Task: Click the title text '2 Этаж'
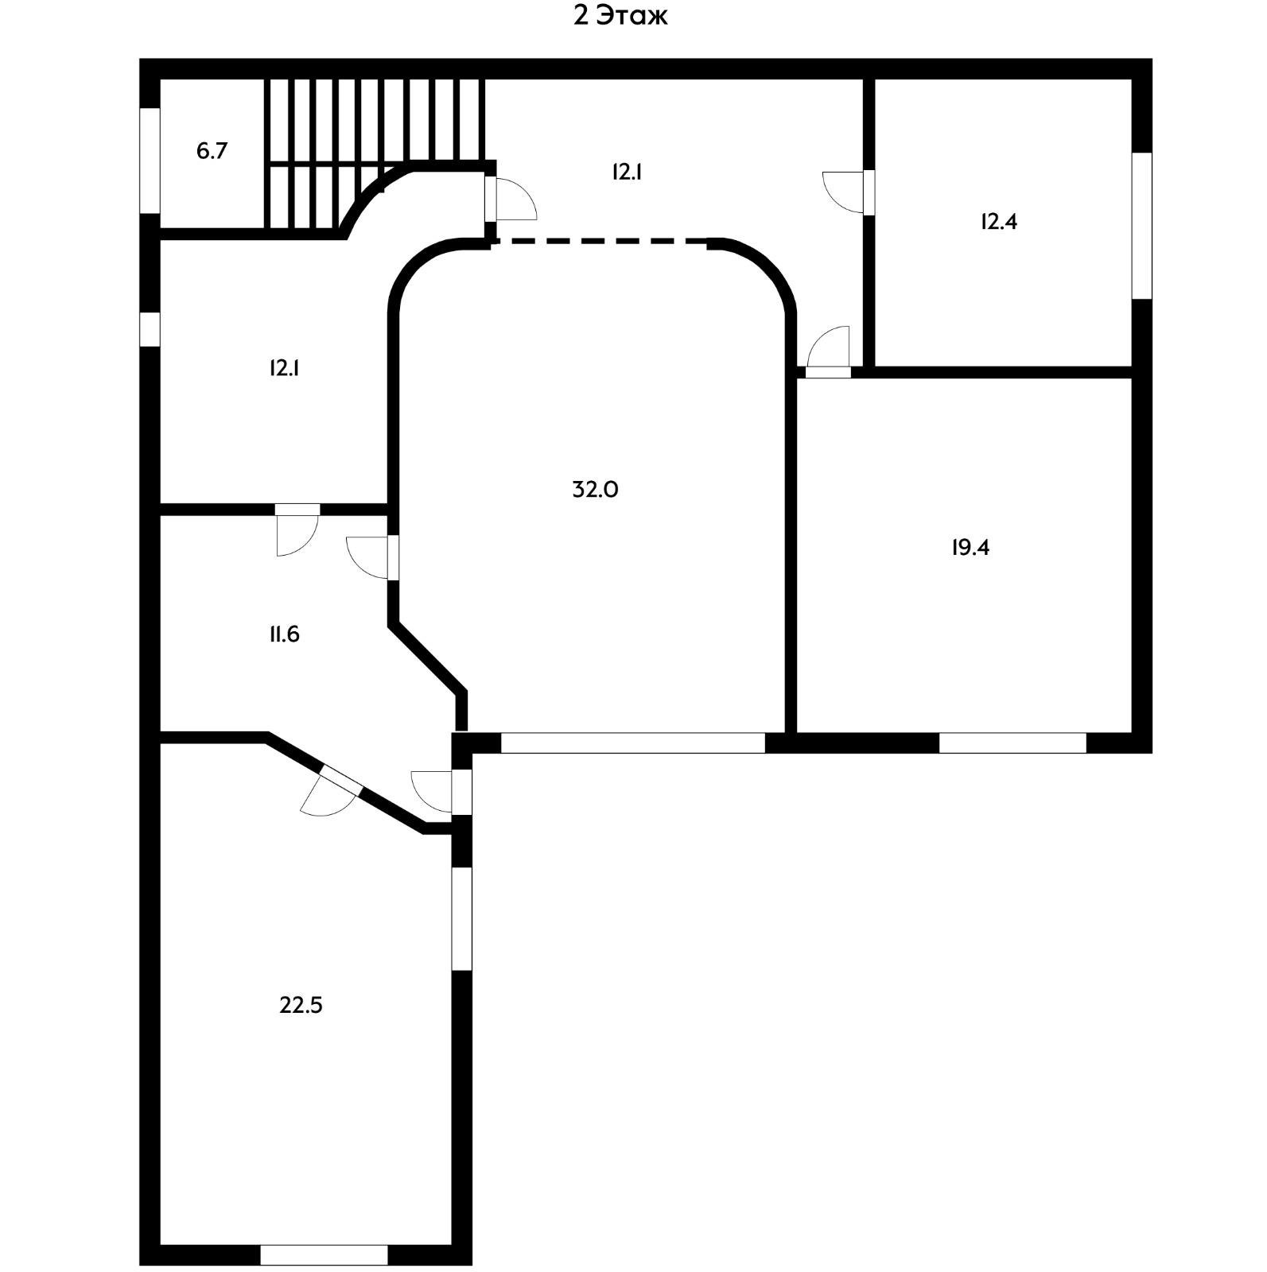620,16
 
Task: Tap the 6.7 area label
212,151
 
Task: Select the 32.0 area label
595,490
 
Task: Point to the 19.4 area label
970,548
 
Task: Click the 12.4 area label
998,222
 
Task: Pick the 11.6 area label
284,634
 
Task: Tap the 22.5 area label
301,1006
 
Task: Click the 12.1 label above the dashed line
627,172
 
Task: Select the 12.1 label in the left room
284,368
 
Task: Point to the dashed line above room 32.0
600,240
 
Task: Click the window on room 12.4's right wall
1141,226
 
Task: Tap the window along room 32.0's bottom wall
632,743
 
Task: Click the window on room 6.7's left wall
150,160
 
